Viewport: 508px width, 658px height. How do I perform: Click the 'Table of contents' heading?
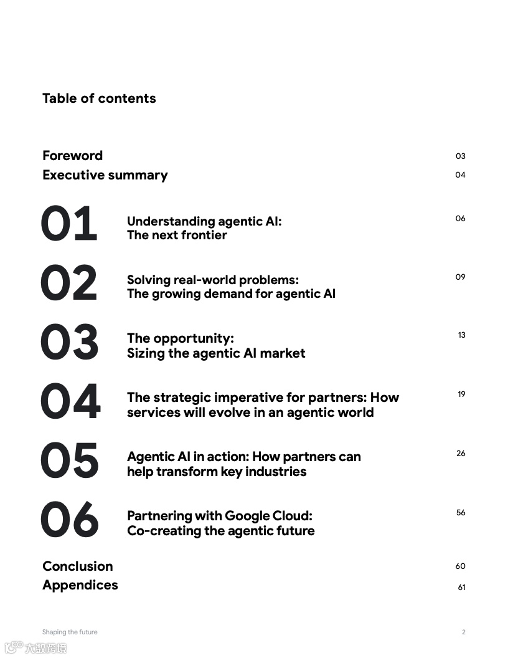point(99,98)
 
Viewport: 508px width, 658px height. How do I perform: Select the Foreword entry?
point(72,156)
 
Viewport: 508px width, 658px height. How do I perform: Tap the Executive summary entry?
point(105,175)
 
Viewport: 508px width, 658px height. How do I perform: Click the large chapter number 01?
point(69,224)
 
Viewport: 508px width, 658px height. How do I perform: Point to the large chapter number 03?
point(69,342)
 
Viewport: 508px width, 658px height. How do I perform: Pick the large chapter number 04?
point(70,401)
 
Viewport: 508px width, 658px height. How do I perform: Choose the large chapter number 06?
point(69,520)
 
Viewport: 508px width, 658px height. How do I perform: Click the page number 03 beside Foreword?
point(460,156)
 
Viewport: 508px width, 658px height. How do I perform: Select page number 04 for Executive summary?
point(460,175)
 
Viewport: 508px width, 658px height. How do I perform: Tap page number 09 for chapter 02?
point(460,277)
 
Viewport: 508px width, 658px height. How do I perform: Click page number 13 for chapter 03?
point(461,335)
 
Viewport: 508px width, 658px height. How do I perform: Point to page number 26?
point(461,454)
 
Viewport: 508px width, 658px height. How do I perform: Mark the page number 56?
point(461,513)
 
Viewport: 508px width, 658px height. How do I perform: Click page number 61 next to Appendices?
point(461,588)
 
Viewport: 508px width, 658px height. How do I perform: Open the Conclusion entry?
point(78,566)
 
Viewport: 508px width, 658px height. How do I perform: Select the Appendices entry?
point(80,585)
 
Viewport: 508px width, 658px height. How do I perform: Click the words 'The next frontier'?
point(177,236)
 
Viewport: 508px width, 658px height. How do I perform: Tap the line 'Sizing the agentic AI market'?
point(216,353)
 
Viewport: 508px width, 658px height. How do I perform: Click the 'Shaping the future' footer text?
point(70,632)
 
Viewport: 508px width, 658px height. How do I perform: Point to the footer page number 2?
point(463,632)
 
